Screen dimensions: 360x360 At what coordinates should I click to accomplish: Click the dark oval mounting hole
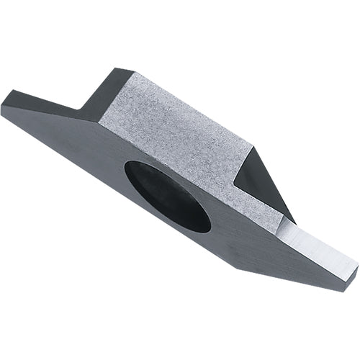tap(167, 196)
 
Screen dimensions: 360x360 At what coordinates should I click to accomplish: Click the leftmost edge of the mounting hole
tap(125, 173)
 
